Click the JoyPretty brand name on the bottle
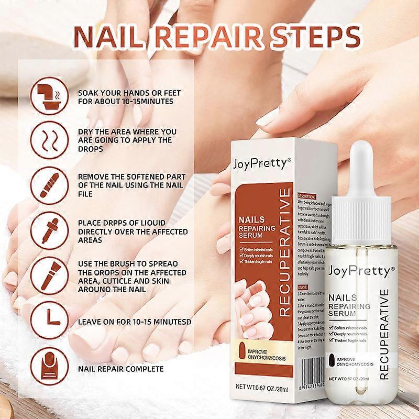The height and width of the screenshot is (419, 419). (x=360, y=272)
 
